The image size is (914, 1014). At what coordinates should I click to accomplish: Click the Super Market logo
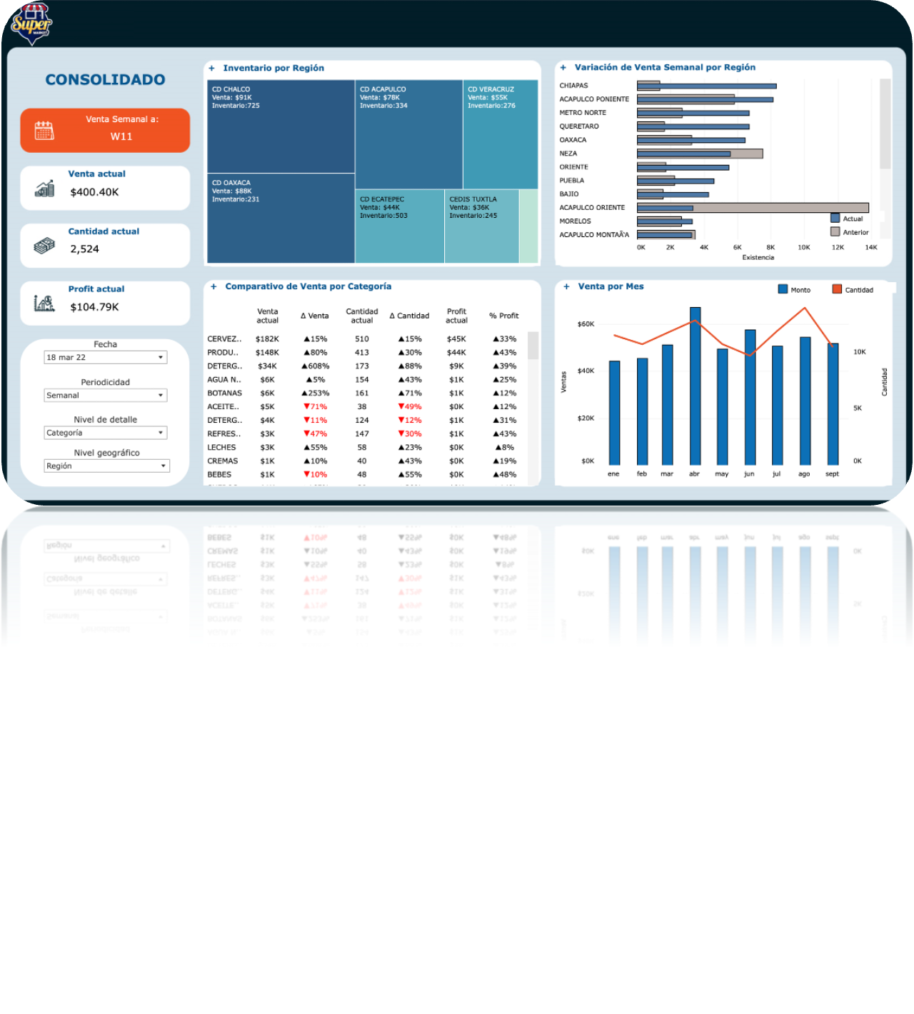tap(31, 24)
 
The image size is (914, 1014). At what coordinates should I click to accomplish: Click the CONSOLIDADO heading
tap(105, 80)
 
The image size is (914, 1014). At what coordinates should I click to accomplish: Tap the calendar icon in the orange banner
tap(44, 131)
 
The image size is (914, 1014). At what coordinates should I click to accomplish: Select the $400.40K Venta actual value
tap(94, 192)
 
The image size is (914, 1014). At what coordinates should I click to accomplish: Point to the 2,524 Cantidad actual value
tap(84, 249)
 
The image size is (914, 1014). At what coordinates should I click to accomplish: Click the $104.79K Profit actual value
tap(94, 307)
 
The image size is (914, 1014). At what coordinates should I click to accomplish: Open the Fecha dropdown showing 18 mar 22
tap(105, 357)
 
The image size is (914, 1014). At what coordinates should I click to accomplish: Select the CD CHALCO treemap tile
tap(281, 126)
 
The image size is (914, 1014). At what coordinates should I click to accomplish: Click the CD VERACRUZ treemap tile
tap(500, 134)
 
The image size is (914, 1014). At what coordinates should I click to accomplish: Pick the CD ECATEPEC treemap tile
tap(399, 226)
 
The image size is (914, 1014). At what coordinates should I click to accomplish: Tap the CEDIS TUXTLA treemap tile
tap(481, 226)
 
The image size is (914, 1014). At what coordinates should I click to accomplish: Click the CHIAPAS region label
tap(573, 86)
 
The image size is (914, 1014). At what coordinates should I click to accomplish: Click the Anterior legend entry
tap(850, 232)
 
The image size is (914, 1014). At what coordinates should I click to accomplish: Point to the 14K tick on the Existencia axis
tap(871, 248)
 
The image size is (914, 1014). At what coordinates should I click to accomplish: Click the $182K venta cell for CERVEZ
tap(267, 339)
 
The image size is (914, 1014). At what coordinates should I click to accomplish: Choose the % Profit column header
tap(503, 316)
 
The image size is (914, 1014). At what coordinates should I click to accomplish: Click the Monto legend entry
tap(794, 290)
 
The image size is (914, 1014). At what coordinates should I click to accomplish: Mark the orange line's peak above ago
tap(805, 308)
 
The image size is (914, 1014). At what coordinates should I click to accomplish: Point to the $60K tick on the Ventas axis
tap(586, 324)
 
